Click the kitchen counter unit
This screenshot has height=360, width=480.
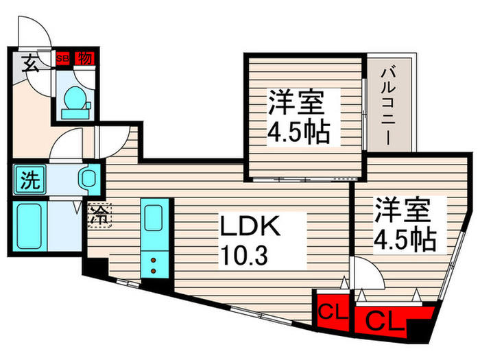pyautogui.click(x=152, y=237)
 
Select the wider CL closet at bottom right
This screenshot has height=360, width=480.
pyautogui.click(x=381, y=320)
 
